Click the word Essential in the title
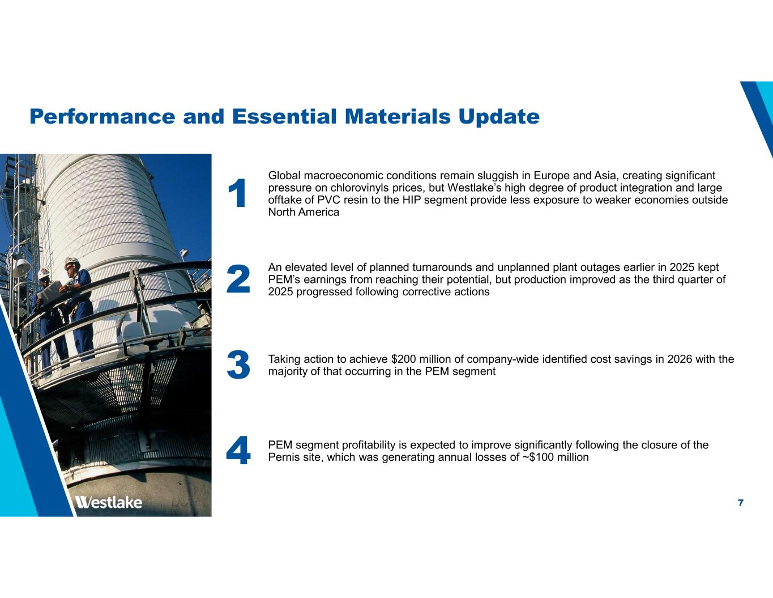click(x=284, y=116)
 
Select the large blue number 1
click(x=238, y=193)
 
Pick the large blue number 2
click(x=238, y=279)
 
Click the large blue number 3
click(x=238, y=365)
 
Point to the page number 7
click(x=741, y=503)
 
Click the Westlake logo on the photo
click(x=109, y=502)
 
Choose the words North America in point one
click(x=304, y=212)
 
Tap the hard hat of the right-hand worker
click(x=72, y=262)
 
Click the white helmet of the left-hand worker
click(x=44, y=273)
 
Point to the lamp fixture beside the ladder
click(x=22, y=265)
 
